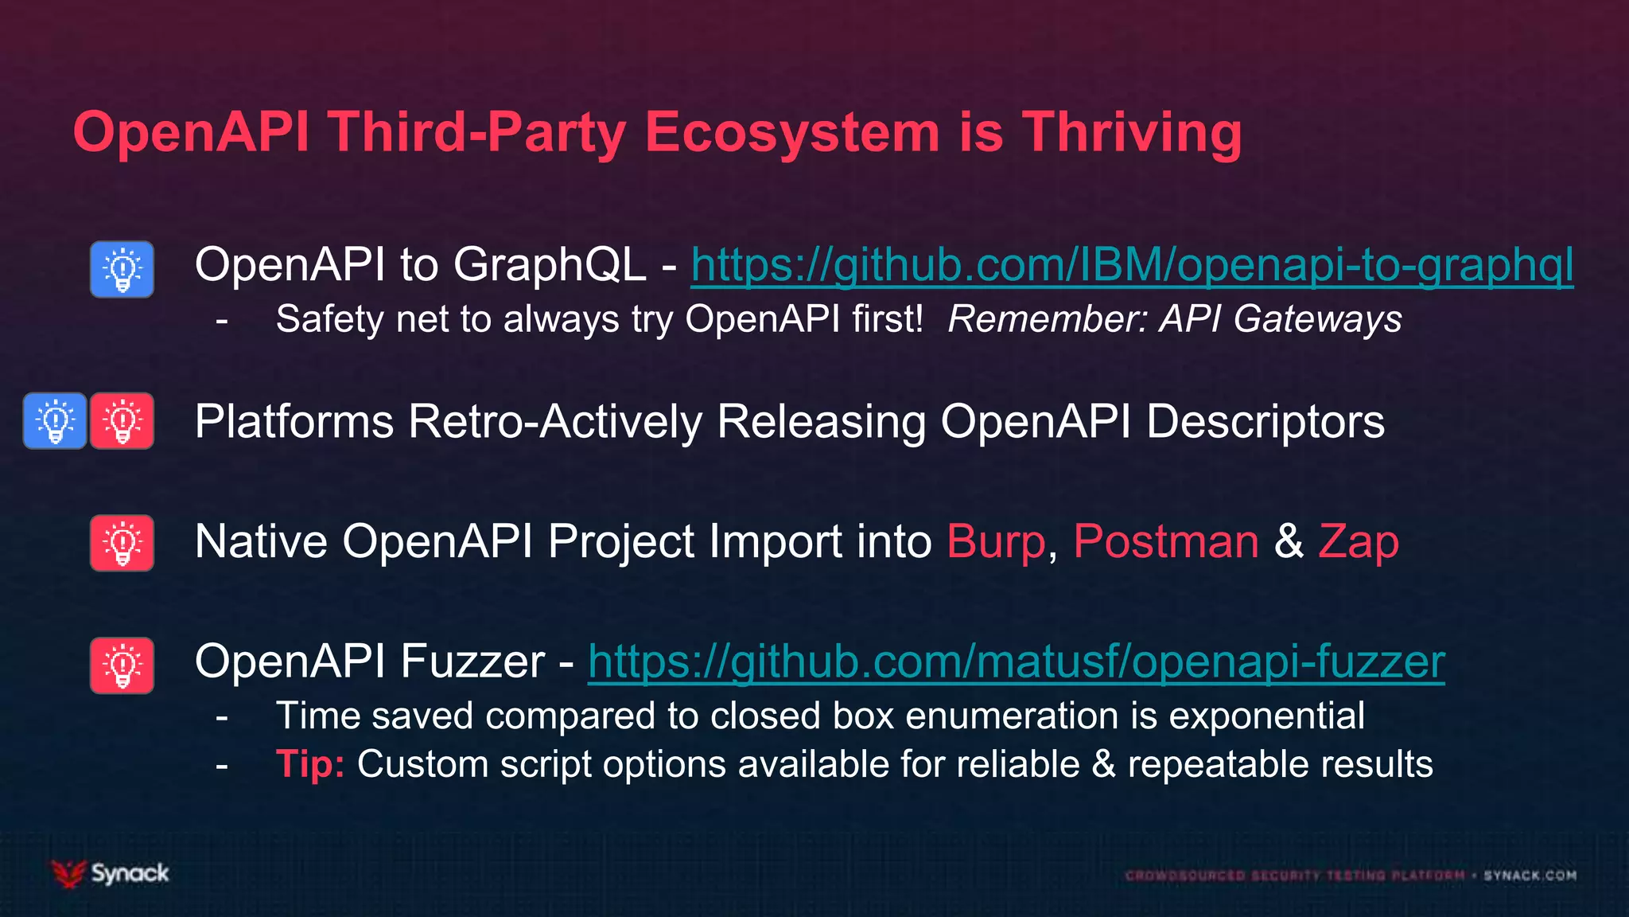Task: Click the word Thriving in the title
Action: (x=1131, y=132)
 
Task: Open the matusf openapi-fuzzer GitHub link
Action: (x=1016, y=661)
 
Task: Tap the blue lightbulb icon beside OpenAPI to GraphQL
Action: (x=122, y=270)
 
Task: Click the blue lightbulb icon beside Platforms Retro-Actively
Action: (x=55, y=421)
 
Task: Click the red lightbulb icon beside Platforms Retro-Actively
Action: (x=122, y=421)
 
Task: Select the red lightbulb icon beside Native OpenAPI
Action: (x=122, y=543)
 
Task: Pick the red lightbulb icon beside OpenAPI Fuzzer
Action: (x=122, y=665)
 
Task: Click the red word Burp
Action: (x=996, y=542)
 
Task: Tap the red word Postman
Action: (x=1166, y=542)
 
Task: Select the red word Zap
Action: (x=1358, y=542)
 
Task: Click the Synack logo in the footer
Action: (x=111, y=873)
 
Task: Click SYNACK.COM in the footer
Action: (x=1530, y=876)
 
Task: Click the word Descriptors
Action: (x=1265, y=421)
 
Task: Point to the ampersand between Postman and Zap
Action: (x=1289, y=542)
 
